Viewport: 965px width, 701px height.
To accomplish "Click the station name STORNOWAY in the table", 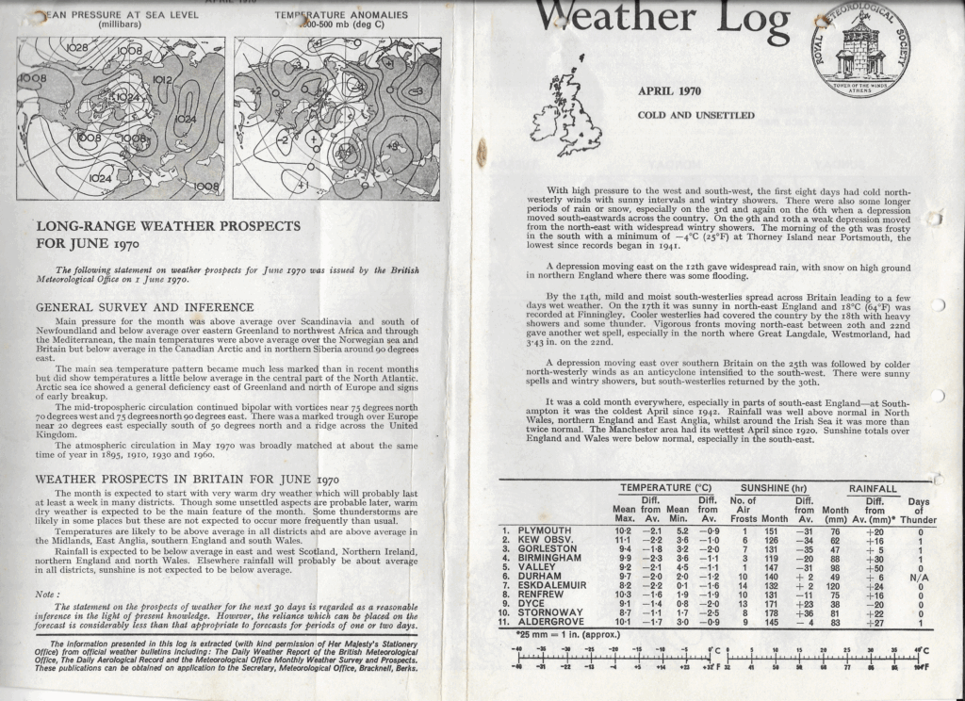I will click(550, 613).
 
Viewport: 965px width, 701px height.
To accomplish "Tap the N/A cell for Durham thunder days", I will click(924, 577).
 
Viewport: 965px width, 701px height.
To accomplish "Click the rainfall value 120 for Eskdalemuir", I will click(832, 586).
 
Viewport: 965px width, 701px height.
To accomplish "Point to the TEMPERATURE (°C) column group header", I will click(665, 487).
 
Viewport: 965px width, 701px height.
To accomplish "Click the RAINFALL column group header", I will click(873, 487).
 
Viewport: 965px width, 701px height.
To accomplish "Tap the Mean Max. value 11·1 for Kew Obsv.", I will click(625, 540).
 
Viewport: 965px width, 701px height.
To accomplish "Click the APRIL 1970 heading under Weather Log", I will click(670, 91).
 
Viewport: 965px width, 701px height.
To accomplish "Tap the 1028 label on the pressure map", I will click(76, 45).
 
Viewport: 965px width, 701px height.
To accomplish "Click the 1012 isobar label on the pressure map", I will click(162, 81).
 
